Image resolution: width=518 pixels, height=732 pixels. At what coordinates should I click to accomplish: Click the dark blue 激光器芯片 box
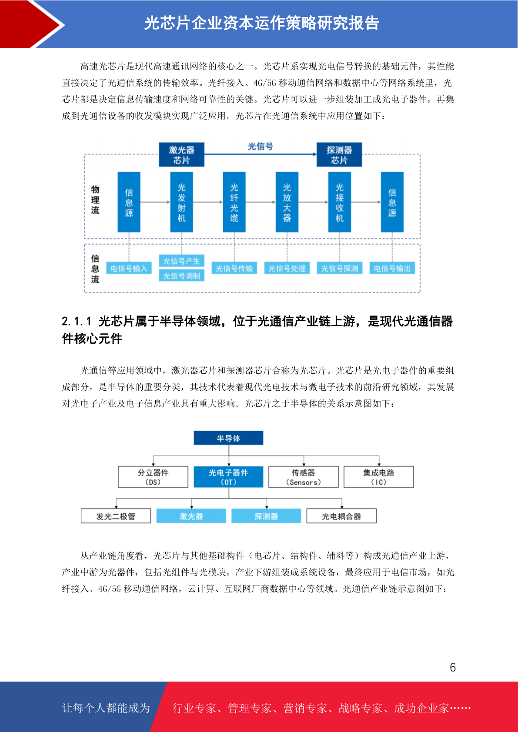coord(181,155)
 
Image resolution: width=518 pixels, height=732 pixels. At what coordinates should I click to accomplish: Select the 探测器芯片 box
coord(339,155)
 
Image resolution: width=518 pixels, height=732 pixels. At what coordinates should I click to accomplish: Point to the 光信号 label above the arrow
coord(261,146)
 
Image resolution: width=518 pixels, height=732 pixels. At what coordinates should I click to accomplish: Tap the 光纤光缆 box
coord(234,202)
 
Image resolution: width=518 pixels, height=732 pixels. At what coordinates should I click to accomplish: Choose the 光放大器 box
coord(287,202)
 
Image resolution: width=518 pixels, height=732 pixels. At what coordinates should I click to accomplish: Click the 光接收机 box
coord(339,202)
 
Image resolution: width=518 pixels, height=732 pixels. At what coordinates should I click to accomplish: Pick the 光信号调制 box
coord(181,276)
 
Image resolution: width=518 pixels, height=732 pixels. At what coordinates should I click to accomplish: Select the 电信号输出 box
coord(392,268)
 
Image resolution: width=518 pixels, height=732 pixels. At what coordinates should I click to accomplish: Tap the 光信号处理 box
coord(287,268)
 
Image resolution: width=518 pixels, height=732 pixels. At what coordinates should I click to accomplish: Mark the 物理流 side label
coord(95,200)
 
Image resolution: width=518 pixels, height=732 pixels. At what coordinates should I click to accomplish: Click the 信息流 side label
coord(95,269)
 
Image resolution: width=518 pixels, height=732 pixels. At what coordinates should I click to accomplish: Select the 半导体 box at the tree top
coord(228,438)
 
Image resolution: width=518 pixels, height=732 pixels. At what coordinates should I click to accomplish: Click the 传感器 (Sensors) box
coord(304,477)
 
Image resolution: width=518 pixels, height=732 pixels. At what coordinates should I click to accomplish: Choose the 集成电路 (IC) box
coord(379,477)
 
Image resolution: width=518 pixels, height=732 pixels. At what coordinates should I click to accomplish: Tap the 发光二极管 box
coord(116,516)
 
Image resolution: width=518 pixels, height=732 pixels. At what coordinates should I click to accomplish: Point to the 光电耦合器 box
coord(341,516)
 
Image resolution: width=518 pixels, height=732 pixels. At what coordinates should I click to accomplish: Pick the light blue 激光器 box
coord(191,516)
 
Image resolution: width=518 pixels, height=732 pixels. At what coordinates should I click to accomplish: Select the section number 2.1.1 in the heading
coord(76,321)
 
